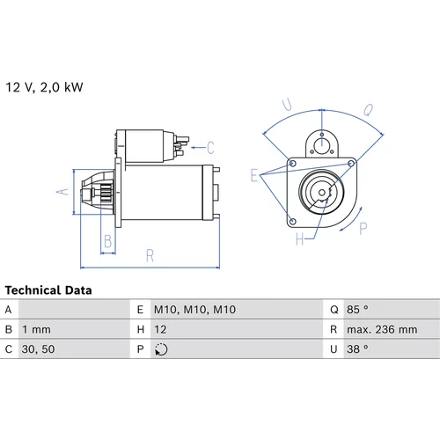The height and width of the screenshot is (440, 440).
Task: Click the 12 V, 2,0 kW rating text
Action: point(44,87)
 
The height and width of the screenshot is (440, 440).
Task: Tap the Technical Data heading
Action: point(48,290)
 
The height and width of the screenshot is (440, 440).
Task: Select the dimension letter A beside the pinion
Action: point(62,192)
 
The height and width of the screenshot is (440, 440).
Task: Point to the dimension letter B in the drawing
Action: point(107,241)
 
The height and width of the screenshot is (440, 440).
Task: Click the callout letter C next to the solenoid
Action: point(210,148)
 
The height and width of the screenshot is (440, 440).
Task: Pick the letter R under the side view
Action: point(150,255)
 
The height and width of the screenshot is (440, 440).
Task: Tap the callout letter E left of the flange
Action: point(254,175)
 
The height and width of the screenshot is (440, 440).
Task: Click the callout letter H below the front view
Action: point(299,239)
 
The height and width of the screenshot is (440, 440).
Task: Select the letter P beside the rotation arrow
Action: point(363,229)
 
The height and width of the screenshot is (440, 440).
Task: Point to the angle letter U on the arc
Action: point(287,105)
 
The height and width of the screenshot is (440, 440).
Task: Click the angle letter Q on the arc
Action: point(369,110)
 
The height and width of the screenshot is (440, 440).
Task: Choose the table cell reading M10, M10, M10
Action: point(194,310)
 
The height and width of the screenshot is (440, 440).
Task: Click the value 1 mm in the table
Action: point(36,329)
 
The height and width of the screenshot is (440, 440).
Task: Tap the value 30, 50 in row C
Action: point(38,349)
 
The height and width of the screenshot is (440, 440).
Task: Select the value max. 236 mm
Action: point(382,329)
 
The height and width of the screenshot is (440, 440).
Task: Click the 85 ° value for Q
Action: point(357,309)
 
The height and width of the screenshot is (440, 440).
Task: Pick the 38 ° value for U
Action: point(357,349)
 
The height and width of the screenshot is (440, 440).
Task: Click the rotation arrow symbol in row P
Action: point(161,349)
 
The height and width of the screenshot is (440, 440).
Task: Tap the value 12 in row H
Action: point(160,329)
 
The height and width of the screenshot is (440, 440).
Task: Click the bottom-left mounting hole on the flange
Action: point(292,221)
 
